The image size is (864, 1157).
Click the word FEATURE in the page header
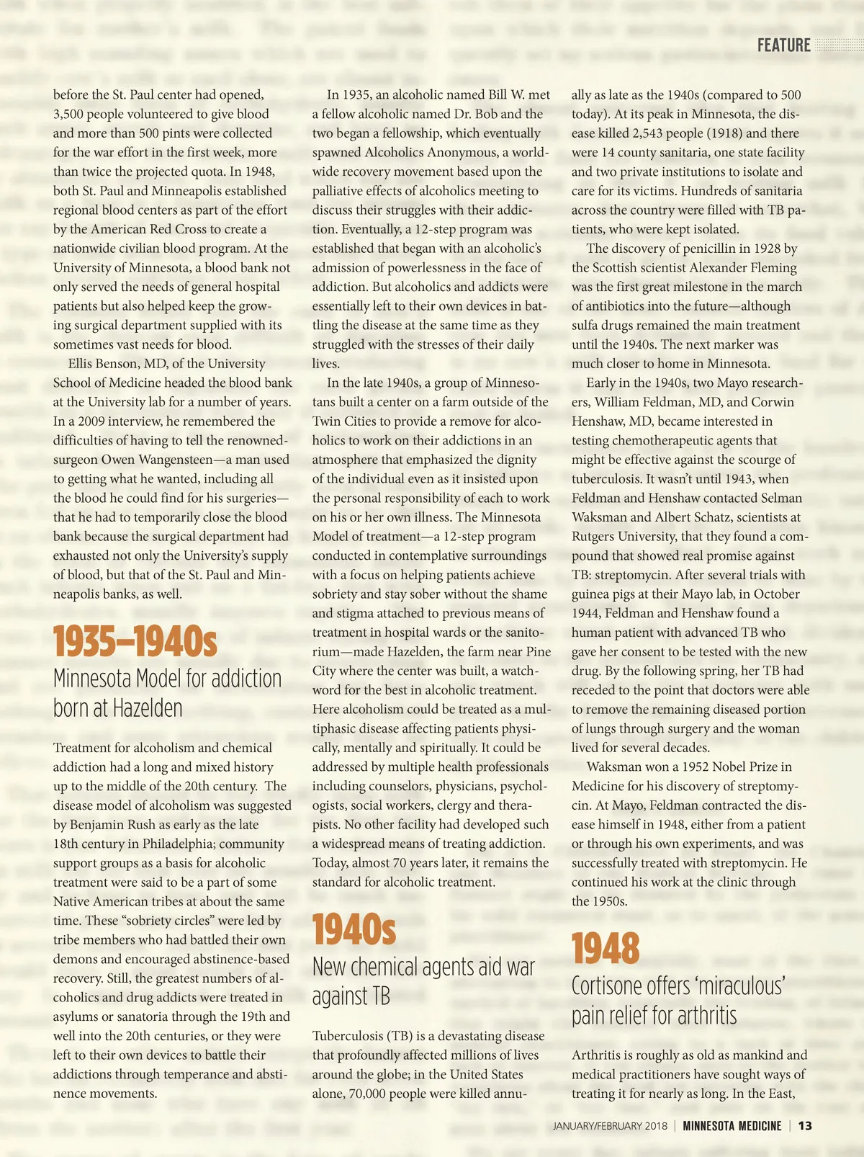pyautogui.click(x=783, y=45)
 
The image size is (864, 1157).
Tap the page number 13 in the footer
pyautogui.click(x=805, y=1126)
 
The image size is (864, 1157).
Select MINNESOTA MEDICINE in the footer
pyautogui.click(x=732, y=1126)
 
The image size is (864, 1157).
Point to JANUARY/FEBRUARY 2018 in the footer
pyautogui.click(x=610, y=1126)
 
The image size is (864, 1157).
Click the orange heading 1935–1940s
pyautogui.click(x=135, y=641)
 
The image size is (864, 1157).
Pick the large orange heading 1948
pyautogui.click(x=606, y=948)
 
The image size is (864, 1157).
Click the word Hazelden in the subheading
pyautogui.click(x=150, y=708)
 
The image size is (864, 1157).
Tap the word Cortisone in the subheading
pyautogui.click(x=606, y=986)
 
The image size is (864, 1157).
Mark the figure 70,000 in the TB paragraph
pyautogui.click(x=373, y=1094)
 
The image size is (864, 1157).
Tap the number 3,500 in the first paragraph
pyautogui.click(x=71, y=114)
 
